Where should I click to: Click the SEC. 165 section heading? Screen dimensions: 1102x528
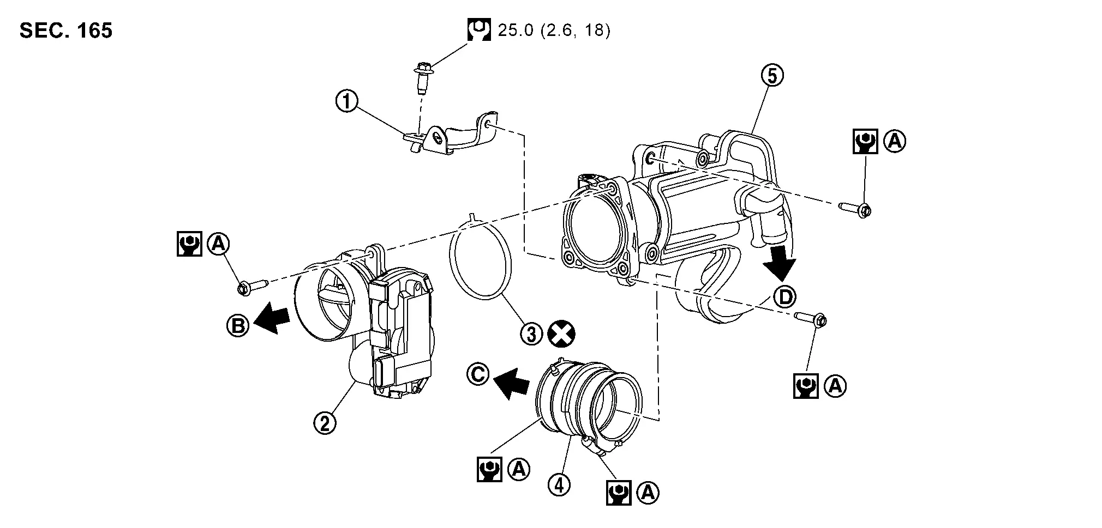point(66,31)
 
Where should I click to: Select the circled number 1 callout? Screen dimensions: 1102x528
point(347,101)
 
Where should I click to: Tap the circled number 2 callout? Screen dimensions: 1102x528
point(325,423)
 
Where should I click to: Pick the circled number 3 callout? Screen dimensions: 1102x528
point(531,334)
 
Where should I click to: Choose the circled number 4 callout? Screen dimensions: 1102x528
point(559,484)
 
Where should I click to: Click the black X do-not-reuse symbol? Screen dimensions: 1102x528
point(562,334)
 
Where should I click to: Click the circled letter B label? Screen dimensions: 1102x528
point(238,325)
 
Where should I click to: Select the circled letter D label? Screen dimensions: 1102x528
point(785,297)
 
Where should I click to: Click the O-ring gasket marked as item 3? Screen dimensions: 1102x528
point(480,260)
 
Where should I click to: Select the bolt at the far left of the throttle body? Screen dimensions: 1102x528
point(253,286)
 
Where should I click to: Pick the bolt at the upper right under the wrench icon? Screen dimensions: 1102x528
point(854,209)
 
